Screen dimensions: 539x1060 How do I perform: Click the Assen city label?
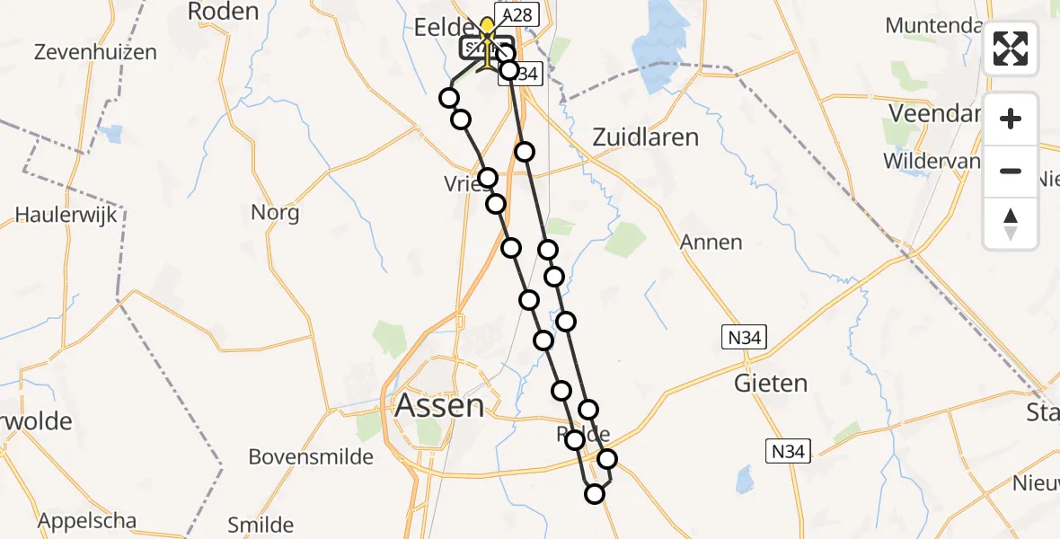[439, 406]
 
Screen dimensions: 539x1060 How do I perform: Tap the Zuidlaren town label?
[646, 137]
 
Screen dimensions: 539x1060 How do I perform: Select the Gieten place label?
[771, 384]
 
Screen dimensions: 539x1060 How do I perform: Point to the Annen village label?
[711, 242]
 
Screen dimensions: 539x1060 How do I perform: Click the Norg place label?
[276, 213]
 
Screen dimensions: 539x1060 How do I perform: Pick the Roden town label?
[223, 12]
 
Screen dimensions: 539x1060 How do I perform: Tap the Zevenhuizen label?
[94, 51]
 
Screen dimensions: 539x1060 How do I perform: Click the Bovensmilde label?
[311, 456]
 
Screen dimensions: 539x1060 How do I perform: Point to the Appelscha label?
[87, 520]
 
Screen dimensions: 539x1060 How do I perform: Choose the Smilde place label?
[261, 525]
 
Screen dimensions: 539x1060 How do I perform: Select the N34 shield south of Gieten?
[789, 450]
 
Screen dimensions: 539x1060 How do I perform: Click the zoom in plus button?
[1011, 119]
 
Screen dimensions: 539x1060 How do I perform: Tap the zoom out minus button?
[1011, 171]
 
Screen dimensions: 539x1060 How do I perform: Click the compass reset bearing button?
[1011, 223]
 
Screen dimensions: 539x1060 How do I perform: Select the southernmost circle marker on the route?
[595, 493]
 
